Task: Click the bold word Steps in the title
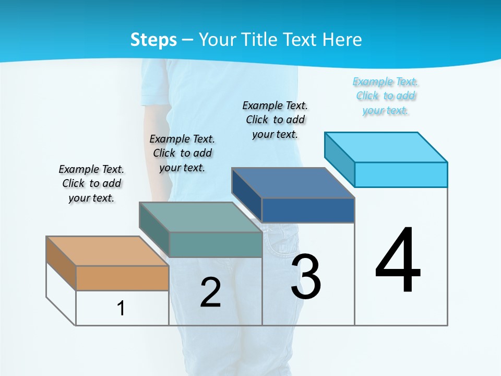point(153,40)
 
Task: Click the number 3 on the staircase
point(306,277)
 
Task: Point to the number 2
point(211,292)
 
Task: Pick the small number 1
point(121,308)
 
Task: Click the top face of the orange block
point(108,251)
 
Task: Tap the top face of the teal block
point(200,217)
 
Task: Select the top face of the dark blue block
point(293,183)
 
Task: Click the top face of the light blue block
point(386,147)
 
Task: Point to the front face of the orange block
point(122,278)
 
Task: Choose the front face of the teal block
point(215,244)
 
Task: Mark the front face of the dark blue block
point(308,210)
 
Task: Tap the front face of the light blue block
point(401,174)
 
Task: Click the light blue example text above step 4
point(385,96)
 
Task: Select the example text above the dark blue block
point(275,120)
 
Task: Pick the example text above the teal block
point(182,153)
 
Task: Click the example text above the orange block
point(91,183)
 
